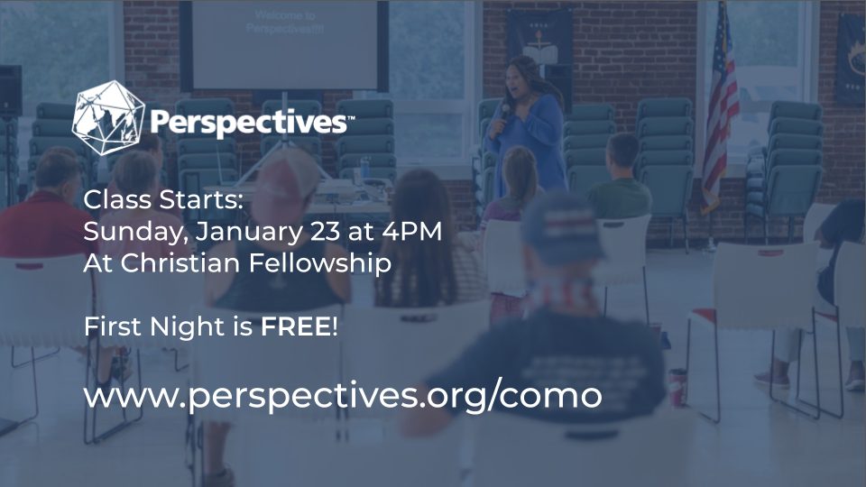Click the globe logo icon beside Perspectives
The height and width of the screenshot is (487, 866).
[108, 118]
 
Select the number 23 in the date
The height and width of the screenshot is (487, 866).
[326, 231]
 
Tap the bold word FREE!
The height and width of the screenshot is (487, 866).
[299, 326]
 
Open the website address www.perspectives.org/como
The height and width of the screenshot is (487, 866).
[343, 397]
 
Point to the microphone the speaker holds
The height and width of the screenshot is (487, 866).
[502, 117]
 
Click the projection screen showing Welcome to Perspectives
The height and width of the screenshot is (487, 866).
[285, 45]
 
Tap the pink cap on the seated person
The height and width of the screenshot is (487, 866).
[286, 177]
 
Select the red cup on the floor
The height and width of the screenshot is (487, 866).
[677, 387]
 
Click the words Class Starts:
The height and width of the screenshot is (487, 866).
[163, 200]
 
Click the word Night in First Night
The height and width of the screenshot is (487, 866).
[188, 327]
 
